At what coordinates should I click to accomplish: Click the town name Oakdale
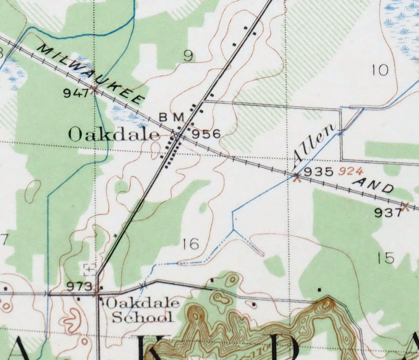tap(114, 135)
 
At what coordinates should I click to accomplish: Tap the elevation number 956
tap(206, 134)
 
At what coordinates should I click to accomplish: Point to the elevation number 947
tap(76, 93)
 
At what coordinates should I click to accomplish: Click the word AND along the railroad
tap(374, 186)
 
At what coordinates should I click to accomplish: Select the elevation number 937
tap(388, 213)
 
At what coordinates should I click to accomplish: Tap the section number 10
tap(380, 70)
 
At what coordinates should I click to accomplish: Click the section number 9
tap(189, 56)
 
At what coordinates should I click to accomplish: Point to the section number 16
tap(191, 244)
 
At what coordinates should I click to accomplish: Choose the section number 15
tap(385, 258)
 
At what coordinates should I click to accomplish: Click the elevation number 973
tap(80, 287)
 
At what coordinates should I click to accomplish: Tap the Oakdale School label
tap(142, 310)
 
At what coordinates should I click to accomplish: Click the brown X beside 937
tap(405, 206)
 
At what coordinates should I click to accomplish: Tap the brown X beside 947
tap(95, 89)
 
